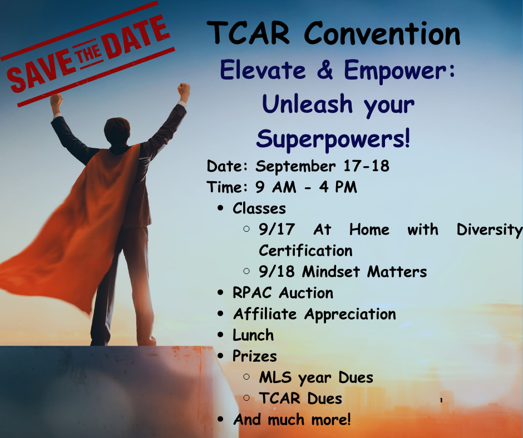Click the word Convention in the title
coord(382,33)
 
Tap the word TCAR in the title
coord(248,33)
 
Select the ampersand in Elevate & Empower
coord(325,69)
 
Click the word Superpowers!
coord(333,139)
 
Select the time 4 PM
coord(338,187)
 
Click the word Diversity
coord(489,230)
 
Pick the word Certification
coord(305,251)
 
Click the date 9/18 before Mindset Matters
coord(277,271)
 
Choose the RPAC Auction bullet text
coord(283,293)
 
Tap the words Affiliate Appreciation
coord(314,314)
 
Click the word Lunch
coord(253,335)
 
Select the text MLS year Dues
coord(316,377)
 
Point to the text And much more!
coord(292,419)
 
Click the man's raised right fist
coord(184,92)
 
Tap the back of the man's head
coord(117,131)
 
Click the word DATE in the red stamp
coord(136,37)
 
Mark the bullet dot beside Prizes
coord(220,356)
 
